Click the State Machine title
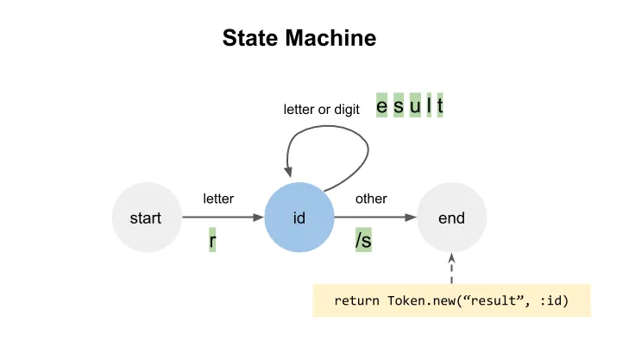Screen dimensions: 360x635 tap(299, 39)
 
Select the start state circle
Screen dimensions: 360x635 tap(146, 218)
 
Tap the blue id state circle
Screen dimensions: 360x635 tap(299, 218)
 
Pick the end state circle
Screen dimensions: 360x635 tap(451, 218)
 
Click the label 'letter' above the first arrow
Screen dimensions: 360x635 tap(218, 199)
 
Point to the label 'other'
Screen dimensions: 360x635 tap(371, 199)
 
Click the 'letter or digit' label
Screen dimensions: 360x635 tap(322, 110)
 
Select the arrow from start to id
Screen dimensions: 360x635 tap(222, 218)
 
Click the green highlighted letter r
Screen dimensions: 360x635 tap(212, 241)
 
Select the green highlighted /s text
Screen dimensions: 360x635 tap(363, 241)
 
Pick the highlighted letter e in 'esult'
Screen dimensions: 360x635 tap(381, 106)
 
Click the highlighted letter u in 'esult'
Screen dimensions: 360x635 tap(414, 106)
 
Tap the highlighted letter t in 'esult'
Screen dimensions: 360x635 tap(440, 106)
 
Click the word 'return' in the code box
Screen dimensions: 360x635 tap(355, 301)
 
